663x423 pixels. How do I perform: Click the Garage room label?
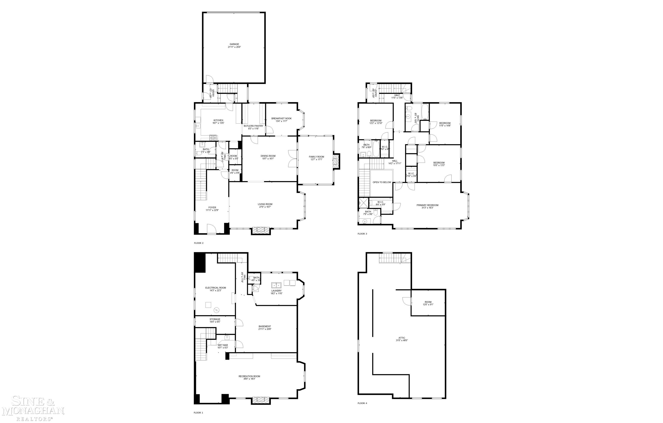click(x=234, y=44)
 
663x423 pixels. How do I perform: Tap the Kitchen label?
click(x=218, y=120)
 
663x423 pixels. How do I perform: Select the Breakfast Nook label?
click(x=281, y=118)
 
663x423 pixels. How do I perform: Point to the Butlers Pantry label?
click(x=253, y=126)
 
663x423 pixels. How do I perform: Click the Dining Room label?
click(x=268, y=156)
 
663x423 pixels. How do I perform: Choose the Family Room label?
click(x=316, y=157)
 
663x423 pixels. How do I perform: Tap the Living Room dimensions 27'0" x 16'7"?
click(x=265, y=207)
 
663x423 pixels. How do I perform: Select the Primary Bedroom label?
click(x=427, y=205)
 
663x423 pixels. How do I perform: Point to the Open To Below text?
click(x=382, y=182)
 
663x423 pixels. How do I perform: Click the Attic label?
click(x=402, y=338)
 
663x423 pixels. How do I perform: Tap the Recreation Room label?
click(x=249, y=376)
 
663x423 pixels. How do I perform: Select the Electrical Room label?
click(x=215, y=288)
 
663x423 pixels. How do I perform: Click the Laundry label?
click(x=276, y=291)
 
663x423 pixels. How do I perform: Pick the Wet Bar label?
click(x=223, y=345)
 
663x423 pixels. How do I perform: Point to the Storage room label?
click(x=215, y=319)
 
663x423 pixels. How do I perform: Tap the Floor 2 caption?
click(x=199, y=243)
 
